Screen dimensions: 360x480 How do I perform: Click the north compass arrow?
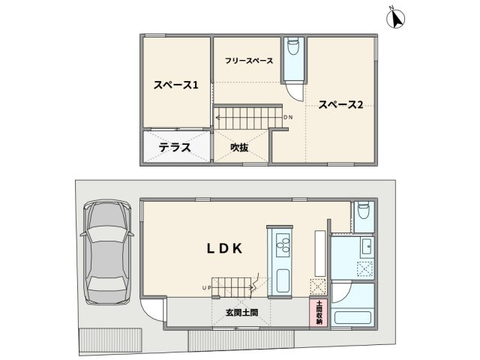point(394,18)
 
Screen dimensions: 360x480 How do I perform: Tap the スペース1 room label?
point(176,85)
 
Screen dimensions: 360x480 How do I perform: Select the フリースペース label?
point(247,60)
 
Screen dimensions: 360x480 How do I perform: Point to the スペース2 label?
point(340,105)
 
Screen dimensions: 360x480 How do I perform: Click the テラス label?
point(174,148)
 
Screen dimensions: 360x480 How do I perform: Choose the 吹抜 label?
point(239,148)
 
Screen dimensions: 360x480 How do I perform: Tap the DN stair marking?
point(289,117)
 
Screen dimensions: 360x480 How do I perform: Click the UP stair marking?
point(205,287)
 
